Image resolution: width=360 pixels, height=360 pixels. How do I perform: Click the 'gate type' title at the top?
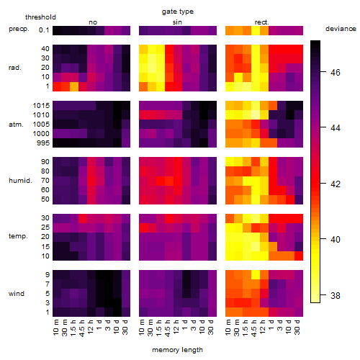coord(178,12)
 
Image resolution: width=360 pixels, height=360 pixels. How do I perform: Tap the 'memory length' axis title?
coord(177,350)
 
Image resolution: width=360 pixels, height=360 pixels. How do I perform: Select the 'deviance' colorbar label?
coord(341,29)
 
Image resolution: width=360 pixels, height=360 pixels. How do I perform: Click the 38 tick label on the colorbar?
coord(336,295)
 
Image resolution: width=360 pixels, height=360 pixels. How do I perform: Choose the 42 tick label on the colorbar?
coord(336,184)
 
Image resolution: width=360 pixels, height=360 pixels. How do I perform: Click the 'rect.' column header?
coord(261,22)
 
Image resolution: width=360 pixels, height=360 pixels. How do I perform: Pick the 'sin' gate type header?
coord(177,22)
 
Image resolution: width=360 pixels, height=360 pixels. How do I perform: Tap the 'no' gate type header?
coord(93,22)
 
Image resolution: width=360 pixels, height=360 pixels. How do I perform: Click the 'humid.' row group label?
coord(20,181)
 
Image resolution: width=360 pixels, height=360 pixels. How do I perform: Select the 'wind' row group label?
coord(17,294)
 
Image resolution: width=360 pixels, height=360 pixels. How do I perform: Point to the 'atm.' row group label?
coord(16,125)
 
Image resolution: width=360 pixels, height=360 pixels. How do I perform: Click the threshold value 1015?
coord(41,106)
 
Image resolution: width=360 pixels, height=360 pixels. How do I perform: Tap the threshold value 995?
coord(43,143)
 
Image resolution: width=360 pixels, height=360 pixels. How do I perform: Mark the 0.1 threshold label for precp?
coord(44,30)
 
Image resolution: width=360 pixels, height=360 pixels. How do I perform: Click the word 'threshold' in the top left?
coord(40,17)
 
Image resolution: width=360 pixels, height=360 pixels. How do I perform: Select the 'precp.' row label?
coord(19,29)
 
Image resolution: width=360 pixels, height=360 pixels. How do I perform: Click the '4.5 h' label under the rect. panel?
coord(253,328)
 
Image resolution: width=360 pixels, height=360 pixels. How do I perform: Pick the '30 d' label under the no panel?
coord(125,327)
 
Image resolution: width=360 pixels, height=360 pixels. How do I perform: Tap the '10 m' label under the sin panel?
coord(142,328)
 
